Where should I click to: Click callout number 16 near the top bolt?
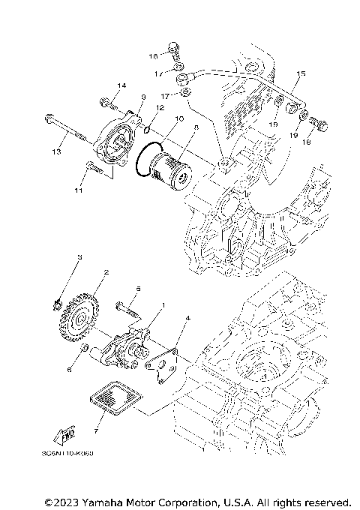pyautogui.click(x=153, y=55)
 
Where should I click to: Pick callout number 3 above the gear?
pyautogui.click(x=79, y=257)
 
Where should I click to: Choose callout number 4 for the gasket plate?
pyautogui.click(x=187, y=318)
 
